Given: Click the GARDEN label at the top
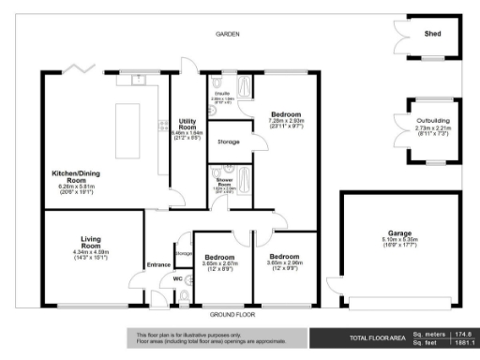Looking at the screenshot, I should pos(228,34).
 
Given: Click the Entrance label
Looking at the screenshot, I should pos(157,263).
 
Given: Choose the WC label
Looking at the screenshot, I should pos(176,278).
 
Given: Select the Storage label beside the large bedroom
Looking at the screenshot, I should pos(228,142).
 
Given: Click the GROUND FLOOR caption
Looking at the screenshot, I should pos(227,314).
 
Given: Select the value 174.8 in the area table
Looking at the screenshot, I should pos(462,334).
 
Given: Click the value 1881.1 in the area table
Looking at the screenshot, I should pos(462,343).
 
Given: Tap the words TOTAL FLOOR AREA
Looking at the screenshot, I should pos(378,338).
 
